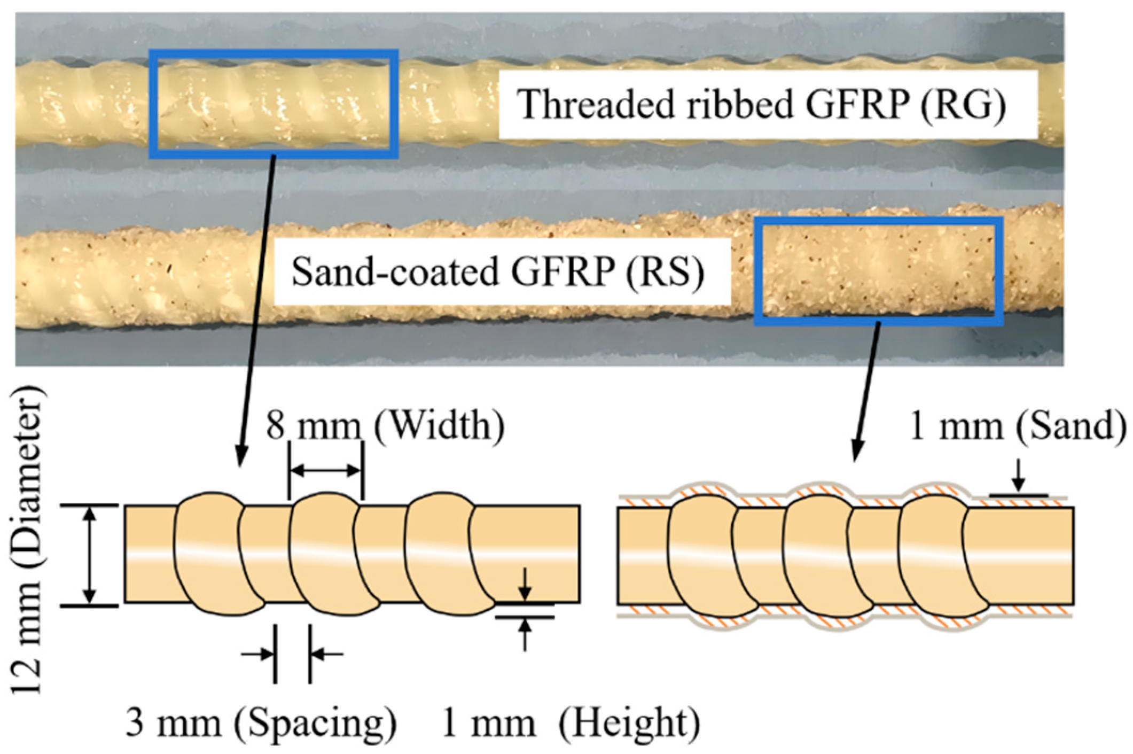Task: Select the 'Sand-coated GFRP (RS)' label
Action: (497, 272)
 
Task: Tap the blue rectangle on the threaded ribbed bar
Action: (274, 52)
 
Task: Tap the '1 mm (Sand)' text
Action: (1018, 426)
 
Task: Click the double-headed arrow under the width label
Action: (325, 470)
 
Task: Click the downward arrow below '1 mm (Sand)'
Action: (1018, 476)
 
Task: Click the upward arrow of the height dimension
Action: (525, 636)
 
